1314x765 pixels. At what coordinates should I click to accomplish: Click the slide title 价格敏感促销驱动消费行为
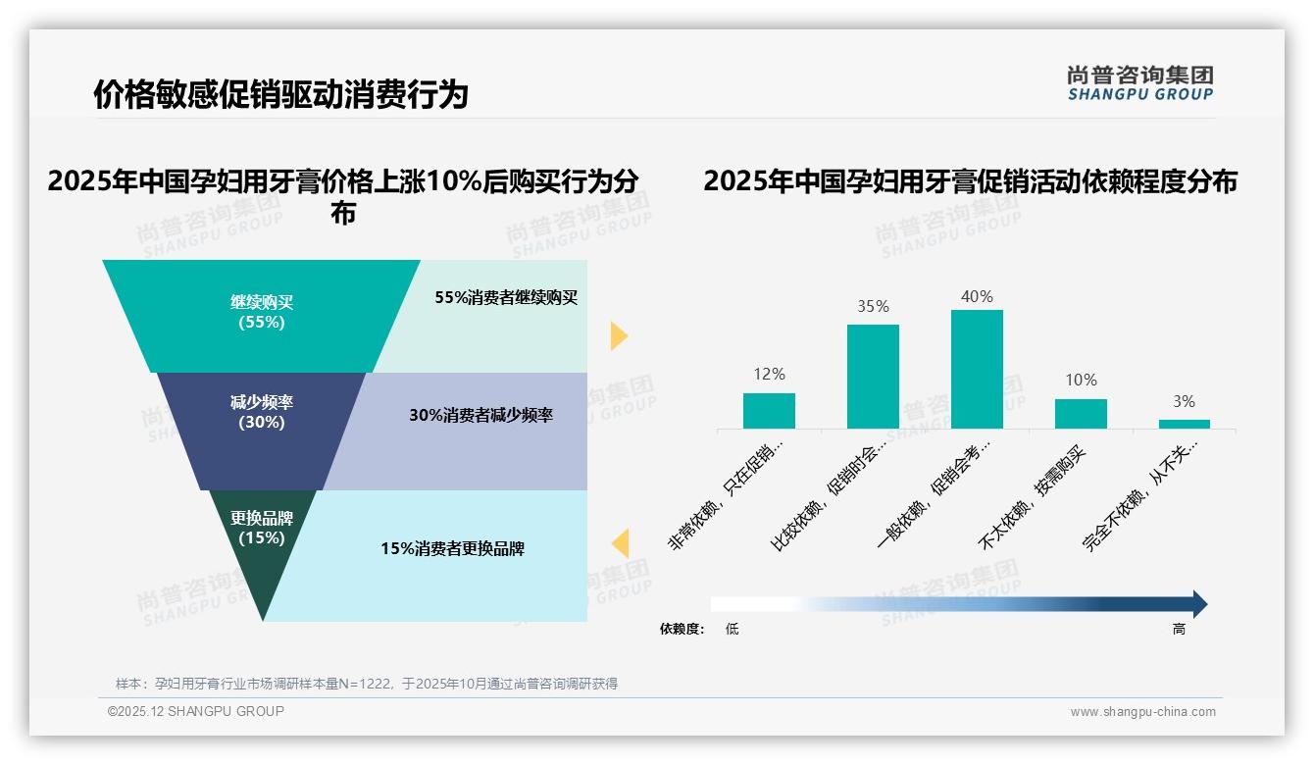point(280,95)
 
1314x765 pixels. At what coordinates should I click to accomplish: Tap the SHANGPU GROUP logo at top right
point(1139,83)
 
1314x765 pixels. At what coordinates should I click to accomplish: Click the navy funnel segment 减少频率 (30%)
point(262,417)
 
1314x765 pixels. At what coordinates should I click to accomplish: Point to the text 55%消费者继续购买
point(506,298)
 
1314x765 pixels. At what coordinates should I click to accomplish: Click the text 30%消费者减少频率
point(480,416)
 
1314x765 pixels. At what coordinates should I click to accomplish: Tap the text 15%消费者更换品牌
point(452,549)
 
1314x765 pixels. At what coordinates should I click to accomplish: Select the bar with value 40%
point(977,369)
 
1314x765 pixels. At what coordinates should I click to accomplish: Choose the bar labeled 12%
point(769,411)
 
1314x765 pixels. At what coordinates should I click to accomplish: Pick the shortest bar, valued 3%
point(1184,424)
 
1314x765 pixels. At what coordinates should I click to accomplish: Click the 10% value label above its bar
point(1081,381)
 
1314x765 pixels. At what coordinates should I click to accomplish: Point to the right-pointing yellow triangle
point(618,335)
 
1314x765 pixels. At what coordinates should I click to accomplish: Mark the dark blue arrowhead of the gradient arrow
point(1198,604)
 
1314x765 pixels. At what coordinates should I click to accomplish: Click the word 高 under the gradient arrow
point(1179,630)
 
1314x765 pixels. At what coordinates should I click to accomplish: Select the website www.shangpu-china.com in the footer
point(1142,712)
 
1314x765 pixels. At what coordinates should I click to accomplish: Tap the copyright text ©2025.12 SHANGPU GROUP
point(196,711)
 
